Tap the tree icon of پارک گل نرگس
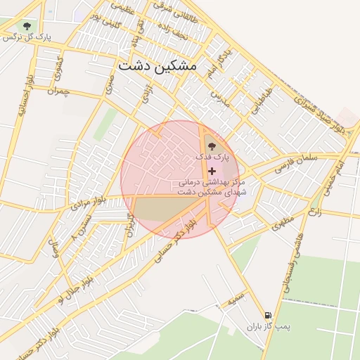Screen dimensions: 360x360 pos(27,26)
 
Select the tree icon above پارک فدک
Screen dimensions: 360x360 pos(212,146)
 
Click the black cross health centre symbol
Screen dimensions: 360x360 pos(212,171)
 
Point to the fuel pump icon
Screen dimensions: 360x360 pos(267,316)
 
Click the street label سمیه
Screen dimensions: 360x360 pos(236,300)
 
